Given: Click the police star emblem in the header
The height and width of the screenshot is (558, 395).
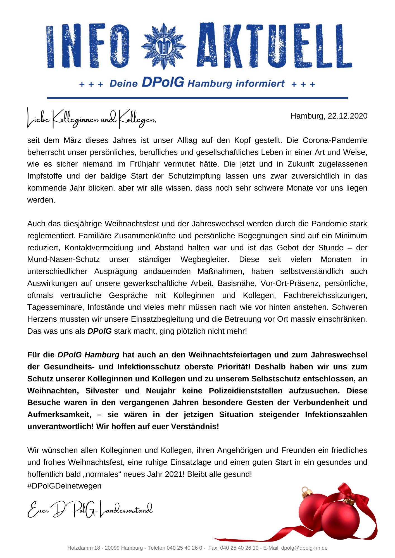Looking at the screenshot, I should click(164, 46).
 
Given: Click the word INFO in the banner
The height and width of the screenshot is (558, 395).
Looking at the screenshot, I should click(88, 46).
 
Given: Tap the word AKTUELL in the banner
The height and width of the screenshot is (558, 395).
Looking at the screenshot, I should click(274, 46).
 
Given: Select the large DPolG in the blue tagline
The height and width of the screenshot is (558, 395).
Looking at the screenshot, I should click(163, 82).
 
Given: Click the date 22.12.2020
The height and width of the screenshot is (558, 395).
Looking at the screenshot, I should click(348, 116).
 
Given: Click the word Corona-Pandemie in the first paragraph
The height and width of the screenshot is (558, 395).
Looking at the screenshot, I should click(335, 140).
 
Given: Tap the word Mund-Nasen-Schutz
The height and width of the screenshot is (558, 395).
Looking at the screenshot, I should click(63, 259).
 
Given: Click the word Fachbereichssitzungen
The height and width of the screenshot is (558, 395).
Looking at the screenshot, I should click(325, 295).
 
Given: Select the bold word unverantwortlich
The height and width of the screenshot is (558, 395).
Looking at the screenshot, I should click(60, 427).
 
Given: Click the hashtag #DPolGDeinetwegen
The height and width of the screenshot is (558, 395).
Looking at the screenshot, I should click(64, 486).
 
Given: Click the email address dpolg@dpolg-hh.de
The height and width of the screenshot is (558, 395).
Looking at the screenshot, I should click(304, 548).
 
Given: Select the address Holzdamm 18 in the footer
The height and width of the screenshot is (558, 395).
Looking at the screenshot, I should click(84, 548).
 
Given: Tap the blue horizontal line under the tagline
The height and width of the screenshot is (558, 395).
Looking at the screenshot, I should click(197, 98).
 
